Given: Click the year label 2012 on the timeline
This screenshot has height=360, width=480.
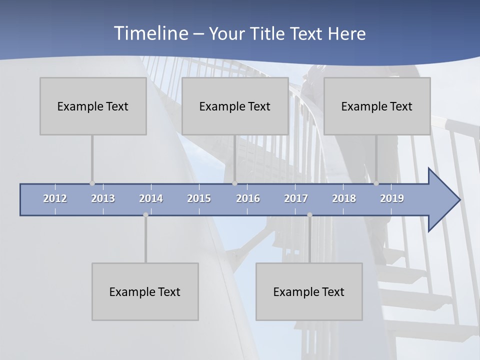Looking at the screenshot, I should pyautogui.click(x=55, y=198).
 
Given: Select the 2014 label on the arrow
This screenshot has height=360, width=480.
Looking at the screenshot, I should pyautogui.click(x=151, y=198).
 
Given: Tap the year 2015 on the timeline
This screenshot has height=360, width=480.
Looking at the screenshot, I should pyautogui.click(x=199, y=198).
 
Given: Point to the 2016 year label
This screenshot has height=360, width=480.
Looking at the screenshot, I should pyautogui.click(x=248, y=198).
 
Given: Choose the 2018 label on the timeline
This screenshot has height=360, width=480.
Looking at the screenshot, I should pyautogui.click(x=344, y=198).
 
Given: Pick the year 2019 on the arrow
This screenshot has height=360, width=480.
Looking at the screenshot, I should pyautogui.click(x=392, y=198).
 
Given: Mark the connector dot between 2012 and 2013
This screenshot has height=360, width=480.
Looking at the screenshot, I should pyautogui.click(x=92, y=183).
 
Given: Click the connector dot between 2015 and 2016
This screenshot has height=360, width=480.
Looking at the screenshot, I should pyautogui.click(x=234, y=183).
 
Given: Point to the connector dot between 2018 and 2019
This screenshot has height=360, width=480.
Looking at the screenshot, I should pyautogui.click(x=376, y=183).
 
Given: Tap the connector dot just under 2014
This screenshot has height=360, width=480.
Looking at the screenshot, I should pyautogui.click(x=145, y=215).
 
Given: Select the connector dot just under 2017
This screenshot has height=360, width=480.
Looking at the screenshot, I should pyautogui.click(x=309, y=215).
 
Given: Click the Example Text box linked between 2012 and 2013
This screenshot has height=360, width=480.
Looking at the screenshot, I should pyautogui.click(x=93, y=106).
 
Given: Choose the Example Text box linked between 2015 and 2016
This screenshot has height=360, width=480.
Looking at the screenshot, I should pyautogui.click(x=235, y=106).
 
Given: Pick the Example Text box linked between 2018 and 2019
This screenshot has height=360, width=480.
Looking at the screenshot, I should pyautogui.click(x=377, y=106).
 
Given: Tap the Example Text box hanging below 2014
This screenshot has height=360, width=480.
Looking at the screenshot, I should pyautogui.click(x=145, y=291).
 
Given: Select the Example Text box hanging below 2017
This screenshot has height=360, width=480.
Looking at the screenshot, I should pyautogui.click(x=309, y=291).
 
